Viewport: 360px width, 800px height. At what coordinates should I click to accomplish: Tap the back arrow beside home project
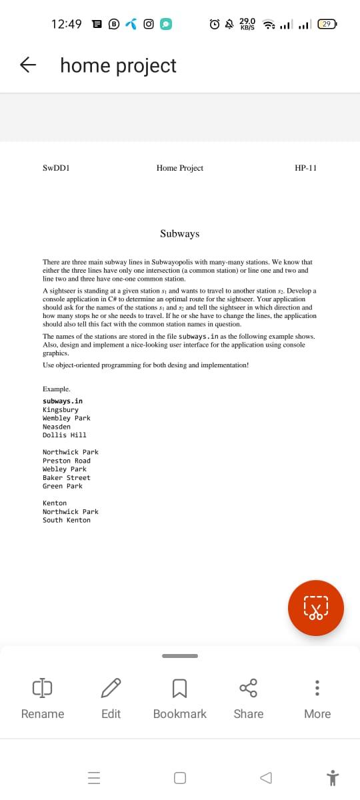click(28, 65)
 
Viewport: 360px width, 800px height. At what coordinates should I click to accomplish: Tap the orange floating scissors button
click(316, 607)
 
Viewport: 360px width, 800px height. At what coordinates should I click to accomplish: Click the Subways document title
click(179, 233)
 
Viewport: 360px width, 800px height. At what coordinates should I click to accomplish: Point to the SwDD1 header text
click(57, 168)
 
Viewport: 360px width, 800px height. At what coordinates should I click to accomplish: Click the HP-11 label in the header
click(305, 168)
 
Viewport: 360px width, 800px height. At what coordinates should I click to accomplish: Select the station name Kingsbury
click(61, 409)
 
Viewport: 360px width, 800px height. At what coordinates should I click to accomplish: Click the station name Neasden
click(57, 427)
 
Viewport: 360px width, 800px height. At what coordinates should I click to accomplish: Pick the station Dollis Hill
click(65, 435)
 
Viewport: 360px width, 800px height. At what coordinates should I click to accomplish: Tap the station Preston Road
click(67, 461)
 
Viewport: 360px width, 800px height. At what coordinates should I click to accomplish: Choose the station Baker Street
click(67, 478)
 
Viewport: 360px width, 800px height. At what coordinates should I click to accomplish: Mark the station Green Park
click(63, 486)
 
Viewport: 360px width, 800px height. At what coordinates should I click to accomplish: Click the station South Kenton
click(67, 520)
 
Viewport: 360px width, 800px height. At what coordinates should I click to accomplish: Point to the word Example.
click(57, 389)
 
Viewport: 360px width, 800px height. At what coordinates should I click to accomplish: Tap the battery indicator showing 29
click(327, 24)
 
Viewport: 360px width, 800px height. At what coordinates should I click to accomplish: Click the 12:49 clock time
click(67, 24)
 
